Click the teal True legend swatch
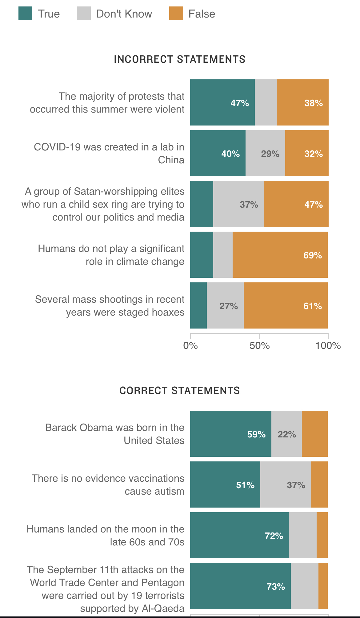[25, 14]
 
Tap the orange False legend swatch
[176, 14]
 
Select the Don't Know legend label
[124, 14]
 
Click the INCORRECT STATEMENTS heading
[180, 59]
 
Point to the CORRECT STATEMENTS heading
[180, 390]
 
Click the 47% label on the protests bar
[240, 103]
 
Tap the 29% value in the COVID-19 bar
[270, 154]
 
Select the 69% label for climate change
[313, 255]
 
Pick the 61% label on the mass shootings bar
[313, 306]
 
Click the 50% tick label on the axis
[259, 345]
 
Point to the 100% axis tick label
[328, 345]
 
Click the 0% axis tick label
[190, 345]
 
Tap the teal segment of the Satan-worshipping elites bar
[202, 204]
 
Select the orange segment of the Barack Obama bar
[315, 434]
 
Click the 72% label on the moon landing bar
[274, 536]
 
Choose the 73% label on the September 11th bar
[276, 586]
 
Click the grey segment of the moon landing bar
[303, 535]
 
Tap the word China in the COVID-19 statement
[171, 160]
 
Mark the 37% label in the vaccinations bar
[296, 485]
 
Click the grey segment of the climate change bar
[223, 255]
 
